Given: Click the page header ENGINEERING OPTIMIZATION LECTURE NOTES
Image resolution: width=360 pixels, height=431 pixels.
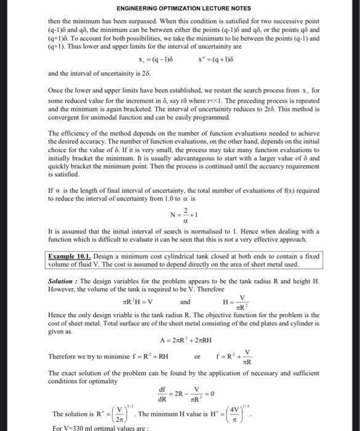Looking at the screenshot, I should tap(180, 8).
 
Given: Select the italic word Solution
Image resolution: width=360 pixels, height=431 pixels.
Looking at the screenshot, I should tap(63, 280).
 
